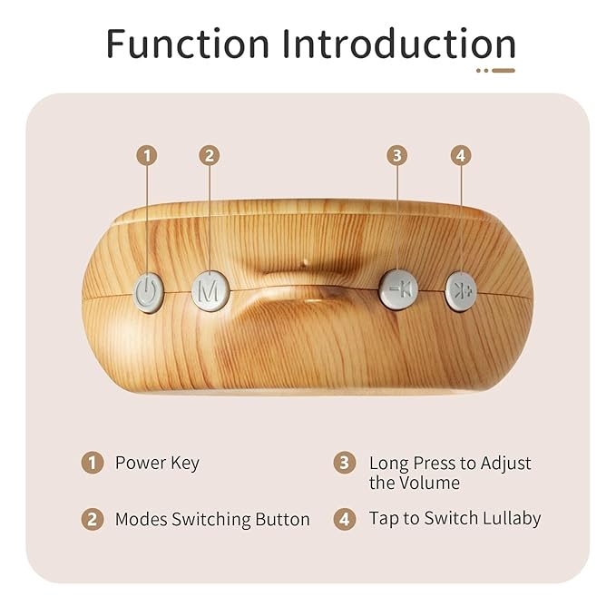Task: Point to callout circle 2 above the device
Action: tap(210, 155)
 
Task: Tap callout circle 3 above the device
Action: tap(396, 155)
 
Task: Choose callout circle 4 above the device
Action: tap(461, 155)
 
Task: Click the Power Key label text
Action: tap(157, 463)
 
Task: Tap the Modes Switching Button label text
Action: tap(212, 520)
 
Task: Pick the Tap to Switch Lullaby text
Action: tap(455, 519)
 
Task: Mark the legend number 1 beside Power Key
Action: tap(92, 463)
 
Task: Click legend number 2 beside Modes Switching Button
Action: tap(92, 520)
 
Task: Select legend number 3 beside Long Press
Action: tap(344, 463)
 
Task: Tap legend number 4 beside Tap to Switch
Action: tap(344, 520)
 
